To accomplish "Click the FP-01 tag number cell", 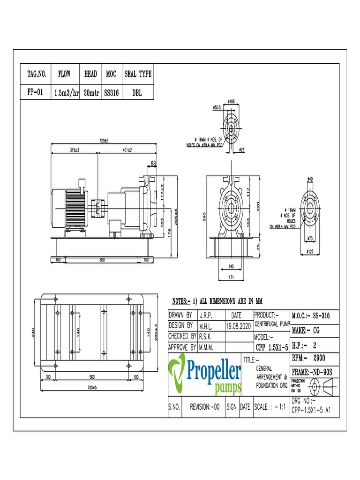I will [35, 92].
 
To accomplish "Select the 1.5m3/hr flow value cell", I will [66, 93].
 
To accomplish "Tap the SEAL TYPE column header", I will [138, 74].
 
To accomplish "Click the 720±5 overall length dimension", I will [103, 141].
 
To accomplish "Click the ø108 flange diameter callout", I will [231, 101].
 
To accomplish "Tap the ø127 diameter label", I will [310, 252].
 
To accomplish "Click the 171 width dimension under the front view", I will [231, 278].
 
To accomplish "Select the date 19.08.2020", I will [239, 325].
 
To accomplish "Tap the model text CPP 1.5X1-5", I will [271, 348].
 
